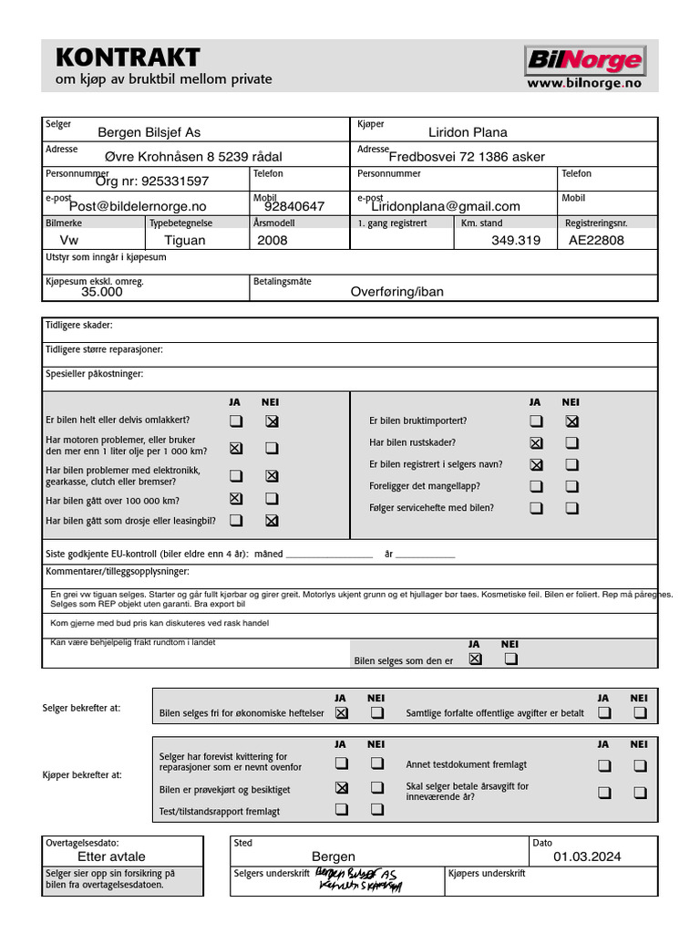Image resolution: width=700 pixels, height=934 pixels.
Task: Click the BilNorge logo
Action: pyautogui.click(x=584, y=61)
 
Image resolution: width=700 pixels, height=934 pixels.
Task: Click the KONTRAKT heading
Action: pyautogui.click(x=128, y=57)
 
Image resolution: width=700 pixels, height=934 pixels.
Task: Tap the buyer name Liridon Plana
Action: pyautogui.click(x=468, y=132)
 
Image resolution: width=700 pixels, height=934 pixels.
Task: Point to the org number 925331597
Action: pyautogui.click(x=152, y=182)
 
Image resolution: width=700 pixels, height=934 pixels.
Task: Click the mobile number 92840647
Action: pyautogui.click(x=294, y=207)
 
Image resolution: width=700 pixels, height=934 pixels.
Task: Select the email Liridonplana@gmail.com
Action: pyautogui.click(x=445, y=206)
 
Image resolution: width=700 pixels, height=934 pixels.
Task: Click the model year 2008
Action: pyautogui.click(x=272, y=241)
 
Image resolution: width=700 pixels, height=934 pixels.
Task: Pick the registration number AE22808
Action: pyautogui.click(x=596, y=241)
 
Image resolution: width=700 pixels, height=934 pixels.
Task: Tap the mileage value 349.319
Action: pyautogui.click(x=516, y=241)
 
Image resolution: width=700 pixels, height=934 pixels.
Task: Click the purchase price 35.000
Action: pyautogui.click(x=102, y=293)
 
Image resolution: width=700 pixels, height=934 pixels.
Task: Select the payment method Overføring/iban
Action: pyautogui.click(x=397, y=292)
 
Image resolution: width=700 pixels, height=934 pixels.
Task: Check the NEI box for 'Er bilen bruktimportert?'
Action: pyautogui.click(x=571, y=421)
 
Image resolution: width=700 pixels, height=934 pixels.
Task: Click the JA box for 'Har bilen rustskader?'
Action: pyautogui.click(x=536, y=443)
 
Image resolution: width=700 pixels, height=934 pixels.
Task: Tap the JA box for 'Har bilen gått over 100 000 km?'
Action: pyautogui.click(x=236, y=499)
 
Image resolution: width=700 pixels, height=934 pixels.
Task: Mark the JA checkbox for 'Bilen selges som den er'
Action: pyautogui.click(x=475, y=659)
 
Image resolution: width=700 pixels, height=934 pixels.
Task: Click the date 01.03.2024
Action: pyautogui.click(x=587, y=857)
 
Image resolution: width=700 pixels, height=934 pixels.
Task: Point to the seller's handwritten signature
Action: pyautogui.click(x=357, y=879)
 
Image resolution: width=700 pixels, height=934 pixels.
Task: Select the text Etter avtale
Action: pyautogui.click(x=111, y=857)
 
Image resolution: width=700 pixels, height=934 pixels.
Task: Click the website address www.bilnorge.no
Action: pyautogui.click(x=584, y=83)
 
